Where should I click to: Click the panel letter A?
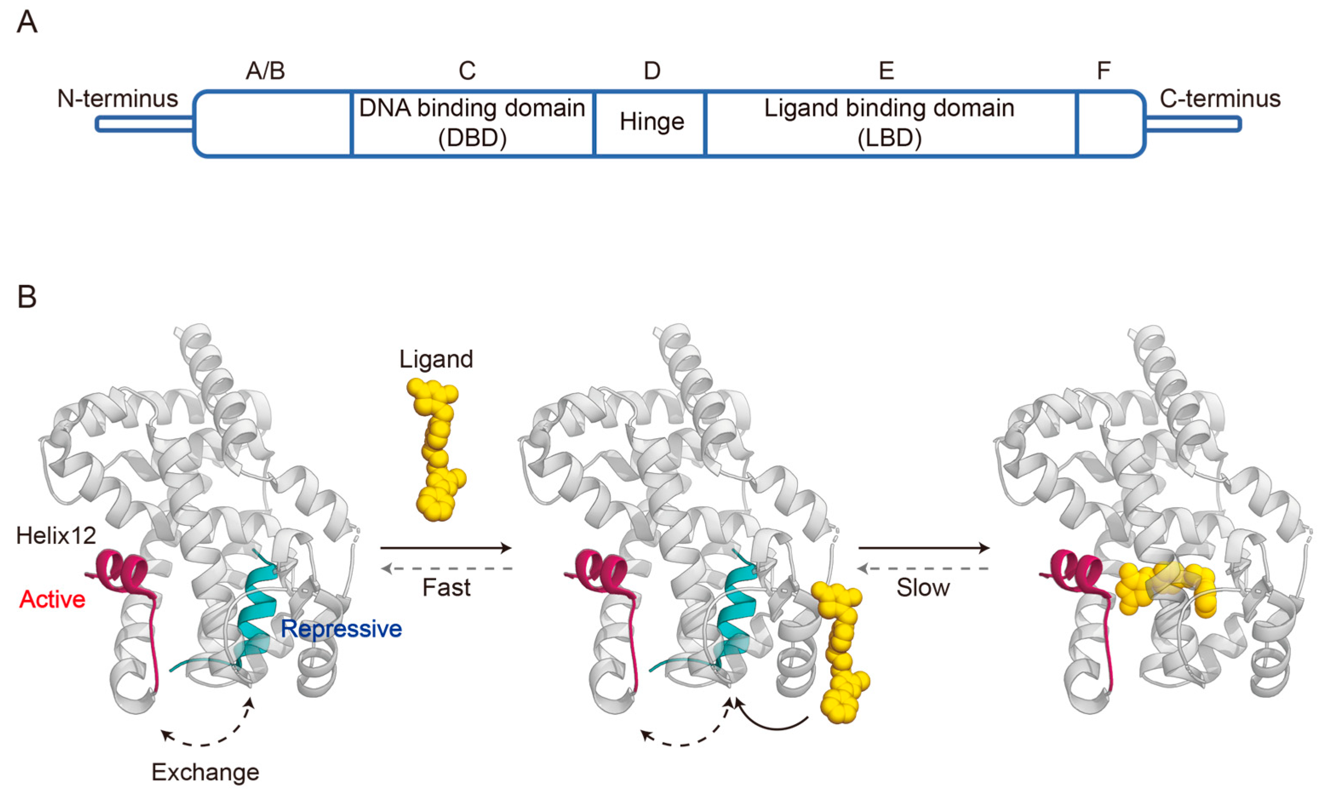tap(27, 23)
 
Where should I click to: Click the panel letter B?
tap(27, 297)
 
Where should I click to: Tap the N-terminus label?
tap(117, 99)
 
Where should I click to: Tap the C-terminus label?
tap(1220, 99)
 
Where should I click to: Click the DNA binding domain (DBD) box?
tap(472, 123)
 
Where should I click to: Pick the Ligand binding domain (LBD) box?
tap(889, 123)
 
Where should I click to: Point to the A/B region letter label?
tap(265, 71)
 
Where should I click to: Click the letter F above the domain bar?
tap(1103, 71)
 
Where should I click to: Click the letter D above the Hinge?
tap(651, 71)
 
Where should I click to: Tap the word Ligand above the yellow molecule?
tap(436, 359)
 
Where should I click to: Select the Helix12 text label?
tap(56, 535)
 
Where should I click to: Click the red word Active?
tap(52, 599)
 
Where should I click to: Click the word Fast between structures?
tap(446, 588)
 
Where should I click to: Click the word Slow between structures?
tap(923, 588)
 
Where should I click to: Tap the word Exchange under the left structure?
tap(205, 773)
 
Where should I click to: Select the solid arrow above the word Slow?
tap(923, 548)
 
